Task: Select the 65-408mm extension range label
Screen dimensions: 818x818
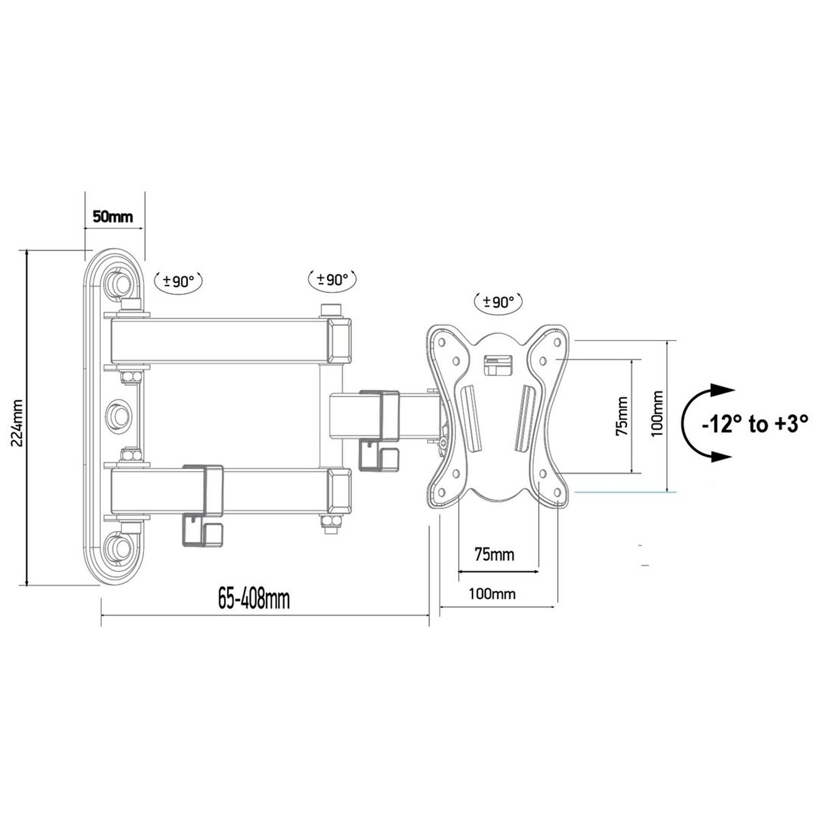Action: (254, 600)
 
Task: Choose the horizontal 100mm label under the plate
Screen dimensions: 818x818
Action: (492, 594)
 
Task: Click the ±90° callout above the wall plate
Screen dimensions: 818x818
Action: (179, 280)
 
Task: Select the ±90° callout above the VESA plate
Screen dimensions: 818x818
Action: (498, 302)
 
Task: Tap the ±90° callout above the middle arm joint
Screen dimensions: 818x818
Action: (333, 278)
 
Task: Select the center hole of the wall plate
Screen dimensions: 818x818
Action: (120, 414)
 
